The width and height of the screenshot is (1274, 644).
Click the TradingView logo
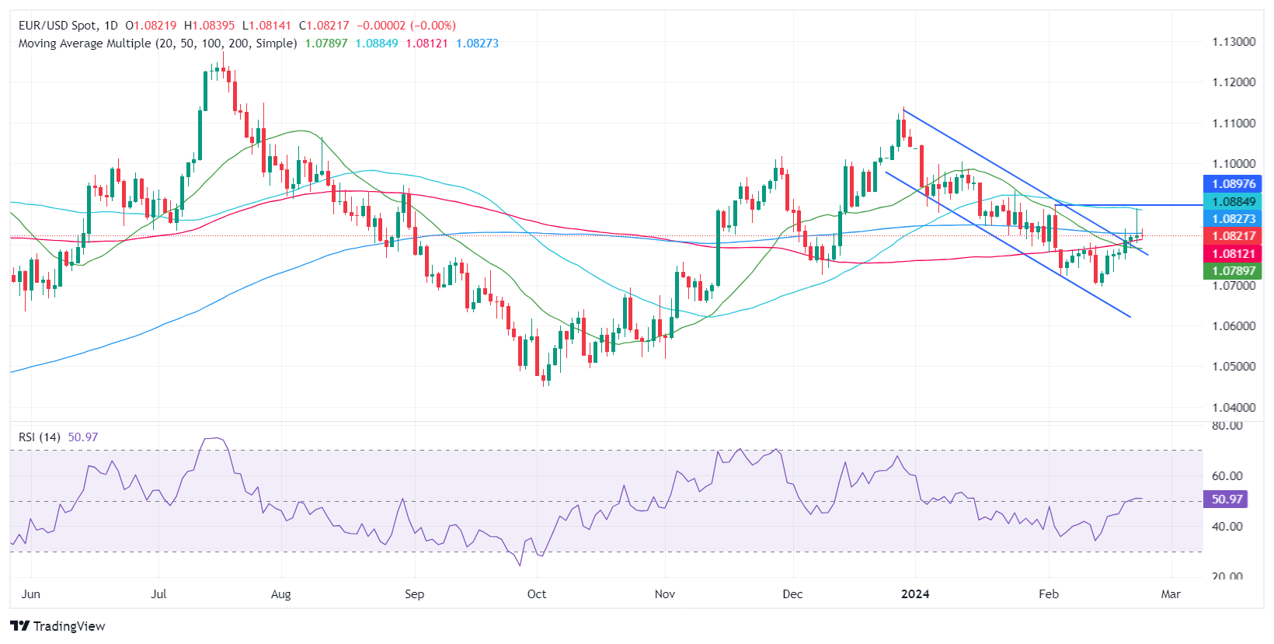(57, 626)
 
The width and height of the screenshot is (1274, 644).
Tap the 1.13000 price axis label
(1234, 42)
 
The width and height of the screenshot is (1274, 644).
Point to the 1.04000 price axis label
(1234, 407)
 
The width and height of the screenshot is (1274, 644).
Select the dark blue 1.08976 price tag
(1233, 184)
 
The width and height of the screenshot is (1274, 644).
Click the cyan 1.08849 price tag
(1233, 202)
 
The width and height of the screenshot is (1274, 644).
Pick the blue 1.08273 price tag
(1233, 219)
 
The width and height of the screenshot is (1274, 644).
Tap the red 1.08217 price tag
(1233, 236)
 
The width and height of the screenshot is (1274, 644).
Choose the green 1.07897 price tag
(1233, 271)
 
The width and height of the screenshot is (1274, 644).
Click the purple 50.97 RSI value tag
(1226, 500)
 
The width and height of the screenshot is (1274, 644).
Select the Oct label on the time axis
(536, 594)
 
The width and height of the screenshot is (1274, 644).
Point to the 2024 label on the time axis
(914, 594)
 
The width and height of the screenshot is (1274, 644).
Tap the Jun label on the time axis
(31, 594)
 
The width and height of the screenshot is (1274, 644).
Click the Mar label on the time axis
(1170, 594)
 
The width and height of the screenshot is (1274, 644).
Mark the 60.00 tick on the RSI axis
(1227, 476)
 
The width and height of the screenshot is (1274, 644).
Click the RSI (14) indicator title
(40, 437)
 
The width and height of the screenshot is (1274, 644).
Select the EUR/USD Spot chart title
(68, 26)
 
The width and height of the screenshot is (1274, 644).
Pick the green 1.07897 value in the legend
(326, 44)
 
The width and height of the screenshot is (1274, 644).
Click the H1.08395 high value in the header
(209, 26)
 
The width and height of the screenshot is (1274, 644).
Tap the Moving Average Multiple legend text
(158, 44)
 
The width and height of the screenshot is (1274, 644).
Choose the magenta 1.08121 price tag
(1233, 254)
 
